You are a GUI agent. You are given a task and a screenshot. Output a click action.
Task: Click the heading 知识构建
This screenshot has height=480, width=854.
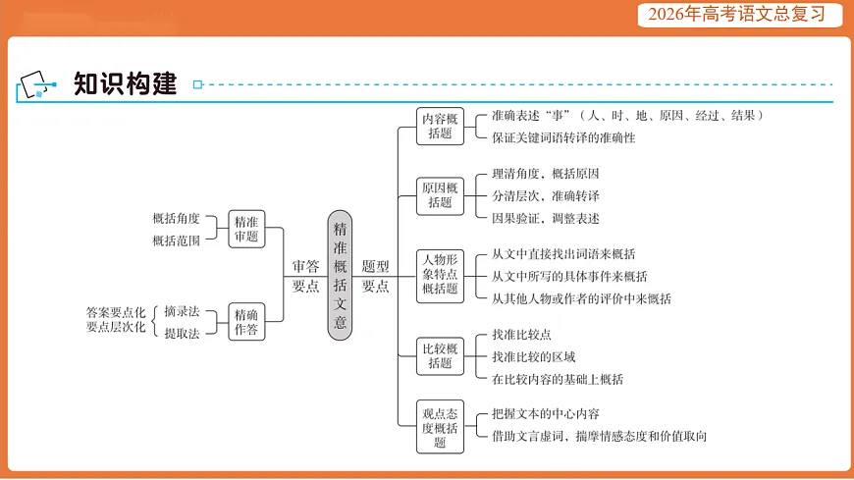[x=126, y=84]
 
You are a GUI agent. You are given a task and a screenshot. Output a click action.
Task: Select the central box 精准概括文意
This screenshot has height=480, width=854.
[x=340, y=275]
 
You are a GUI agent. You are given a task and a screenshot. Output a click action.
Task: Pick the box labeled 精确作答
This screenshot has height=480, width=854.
[x=246, y=322]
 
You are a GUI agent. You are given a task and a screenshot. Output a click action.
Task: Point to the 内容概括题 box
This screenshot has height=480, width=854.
[x=440, y=126]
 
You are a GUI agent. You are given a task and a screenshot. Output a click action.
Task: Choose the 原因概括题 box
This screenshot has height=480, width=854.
[x=440, y=195]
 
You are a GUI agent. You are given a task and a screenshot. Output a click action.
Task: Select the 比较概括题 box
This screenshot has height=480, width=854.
[x=440, y=355]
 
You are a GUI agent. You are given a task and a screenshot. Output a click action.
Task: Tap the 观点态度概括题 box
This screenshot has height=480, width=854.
[x=440, y=427]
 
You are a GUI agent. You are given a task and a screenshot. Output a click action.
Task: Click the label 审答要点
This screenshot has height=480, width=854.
[x=306, y=276]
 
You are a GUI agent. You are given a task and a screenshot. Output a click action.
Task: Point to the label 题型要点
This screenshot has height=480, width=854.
[x=376, y=276]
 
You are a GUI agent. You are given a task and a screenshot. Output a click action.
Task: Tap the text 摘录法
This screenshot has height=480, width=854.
[x=182, y=311]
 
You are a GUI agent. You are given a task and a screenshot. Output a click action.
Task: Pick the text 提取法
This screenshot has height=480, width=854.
[x=182, y=333]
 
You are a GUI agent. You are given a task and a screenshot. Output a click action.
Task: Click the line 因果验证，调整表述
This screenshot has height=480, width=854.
[x=546, y=218]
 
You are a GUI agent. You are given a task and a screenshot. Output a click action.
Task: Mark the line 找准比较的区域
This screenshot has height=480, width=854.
[x=534, y=356]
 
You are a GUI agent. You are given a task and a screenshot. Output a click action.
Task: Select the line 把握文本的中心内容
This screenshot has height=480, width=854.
[x=546, y=414]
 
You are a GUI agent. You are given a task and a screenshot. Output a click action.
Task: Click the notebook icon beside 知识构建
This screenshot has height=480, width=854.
[x=33, y=85]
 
